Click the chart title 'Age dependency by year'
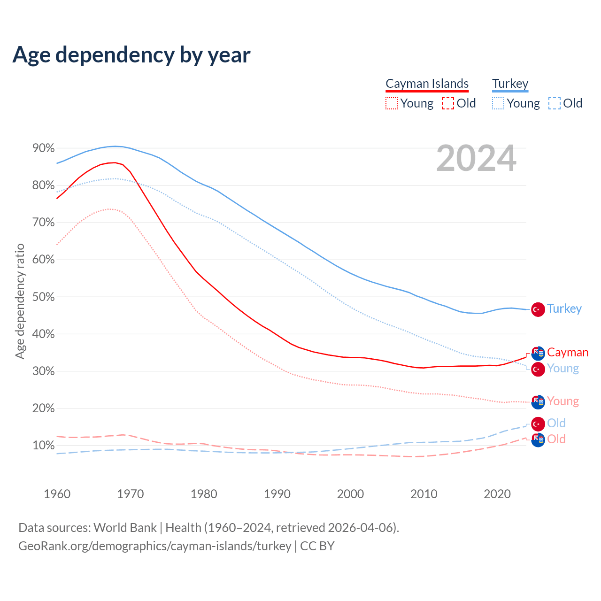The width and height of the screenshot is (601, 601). tap(131, 54)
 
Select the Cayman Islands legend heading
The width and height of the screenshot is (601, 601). tap(427, 84)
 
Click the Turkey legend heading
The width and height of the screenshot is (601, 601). tap(510, 84)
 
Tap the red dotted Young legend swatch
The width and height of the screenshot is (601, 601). tap(391, 103)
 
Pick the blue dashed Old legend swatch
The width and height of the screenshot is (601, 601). tap(554, 103)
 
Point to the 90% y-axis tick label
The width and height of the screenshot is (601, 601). tap(43, 148)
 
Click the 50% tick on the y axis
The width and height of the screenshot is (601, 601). tap(43, 297)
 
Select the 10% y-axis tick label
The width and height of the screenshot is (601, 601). tap(43, 446)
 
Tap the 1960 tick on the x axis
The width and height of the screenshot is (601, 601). tap(57, 494)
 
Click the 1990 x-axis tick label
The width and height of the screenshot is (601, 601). tap(277, 494)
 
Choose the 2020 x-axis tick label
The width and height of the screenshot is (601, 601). tap(497, 494)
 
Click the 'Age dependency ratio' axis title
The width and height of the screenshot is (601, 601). tap(20, 301)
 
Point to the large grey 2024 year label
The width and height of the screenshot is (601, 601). tap(476, 158)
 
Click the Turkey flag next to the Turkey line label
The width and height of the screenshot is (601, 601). tap(538, 310)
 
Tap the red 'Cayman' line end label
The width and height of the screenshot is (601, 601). tap(568, 352)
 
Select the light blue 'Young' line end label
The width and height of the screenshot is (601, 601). tap(563, 368)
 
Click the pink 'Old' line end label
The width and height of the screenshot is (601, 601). tap(556, 439)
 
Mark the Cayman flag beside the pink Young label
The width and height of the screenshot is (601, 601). tap(538, 402)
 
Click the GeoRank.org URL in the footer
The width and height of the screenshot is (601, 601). tap(155, 546)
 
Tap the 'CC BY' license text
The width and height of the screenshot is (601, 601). tap(317, 546)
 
